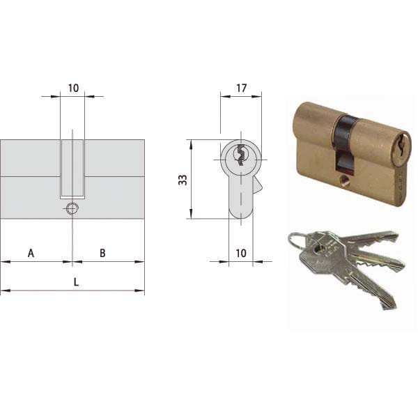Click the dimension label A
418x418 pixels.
point(31,253)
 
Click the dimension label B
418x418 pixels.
point(102,253)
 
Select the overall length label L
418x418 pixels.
point(76,282)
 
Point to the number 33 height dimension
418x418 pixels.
point(183,180)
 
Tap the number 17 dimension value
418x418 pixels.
point(241,88)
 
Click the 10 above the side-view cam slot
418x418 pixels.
point(73,88)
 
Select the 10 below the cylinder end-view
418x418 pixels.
point(241,253)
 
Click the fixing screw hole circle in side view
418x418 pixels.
point(72,208)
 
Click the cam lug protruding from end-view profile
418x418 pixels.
point(257,185)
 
